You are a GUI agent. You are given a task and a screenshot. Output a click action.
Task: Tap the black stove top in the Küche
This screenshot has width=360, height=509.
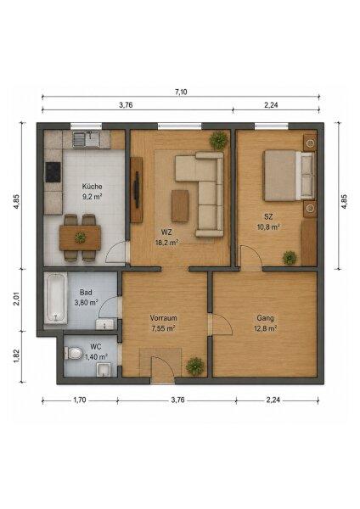tap(53, 172)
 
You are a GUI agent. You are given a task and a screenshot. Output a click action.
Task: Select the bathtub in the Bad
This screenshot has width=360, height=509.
tap(55, 298)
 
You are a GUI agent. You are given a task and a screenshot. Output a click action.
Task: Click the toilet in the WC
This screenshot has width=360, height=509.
tap(75, 353)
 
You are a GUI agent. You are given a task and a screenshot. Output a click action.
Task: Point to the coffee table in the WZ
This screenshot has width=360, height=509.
tap(180, 206)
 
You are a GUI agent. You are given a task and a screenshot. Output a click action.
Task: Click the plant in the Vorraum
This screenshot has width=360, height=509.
tap(195, 366)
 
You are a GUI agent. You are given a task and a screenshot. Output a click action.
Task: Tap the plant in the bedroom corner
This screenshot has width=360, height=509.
tap(290, 258)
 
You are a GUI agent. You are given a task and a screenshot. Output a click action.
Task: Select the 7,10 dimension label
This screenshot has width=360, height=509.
tap(181, 92)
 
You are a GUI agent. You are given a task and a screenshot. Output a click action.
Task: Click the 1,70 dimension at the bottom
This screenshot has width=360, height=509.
tap(79, 400)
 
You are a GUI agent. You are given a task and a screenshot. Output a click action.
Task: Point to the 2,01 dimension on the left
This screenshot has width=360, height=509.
tap(17, 299)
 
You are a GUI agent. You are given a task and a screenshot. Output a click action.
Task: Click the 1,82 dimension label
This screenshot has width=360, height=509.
tap(17, 356)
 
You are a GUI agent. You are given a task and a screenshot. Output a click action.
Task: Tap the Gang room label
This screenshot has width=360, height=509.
tap(265, 318)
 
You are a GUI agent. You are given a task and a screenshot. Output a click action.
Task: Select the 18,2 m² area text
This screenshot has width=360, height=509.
tap(167, 242)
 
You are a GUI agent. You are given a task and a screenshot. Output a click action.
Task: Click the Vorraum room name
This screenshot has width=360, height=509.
tap(163, 318)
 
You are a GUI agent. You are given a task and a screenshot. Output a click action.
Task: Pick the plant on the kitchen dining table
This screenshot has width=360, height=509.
tap(81, 238)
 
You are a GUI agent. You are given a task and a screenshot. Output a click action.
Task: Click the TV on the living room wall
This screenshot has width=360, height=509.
tap(137, 190)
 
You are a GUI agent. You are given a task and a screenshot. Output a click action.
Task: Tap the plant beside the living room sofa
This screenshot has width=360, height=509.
tap(219, 141)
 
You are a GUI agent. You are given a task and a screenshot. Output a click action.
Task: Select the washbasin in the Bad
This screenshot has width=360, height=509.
tap(105, 324)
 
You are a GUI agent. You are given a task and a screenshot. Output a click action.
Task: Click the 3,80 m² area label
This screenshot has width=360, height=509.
tap(86, 303)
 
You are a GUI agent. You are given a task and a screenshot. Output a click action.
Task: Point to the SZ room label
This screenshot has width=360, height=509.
tap(268, 216)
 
